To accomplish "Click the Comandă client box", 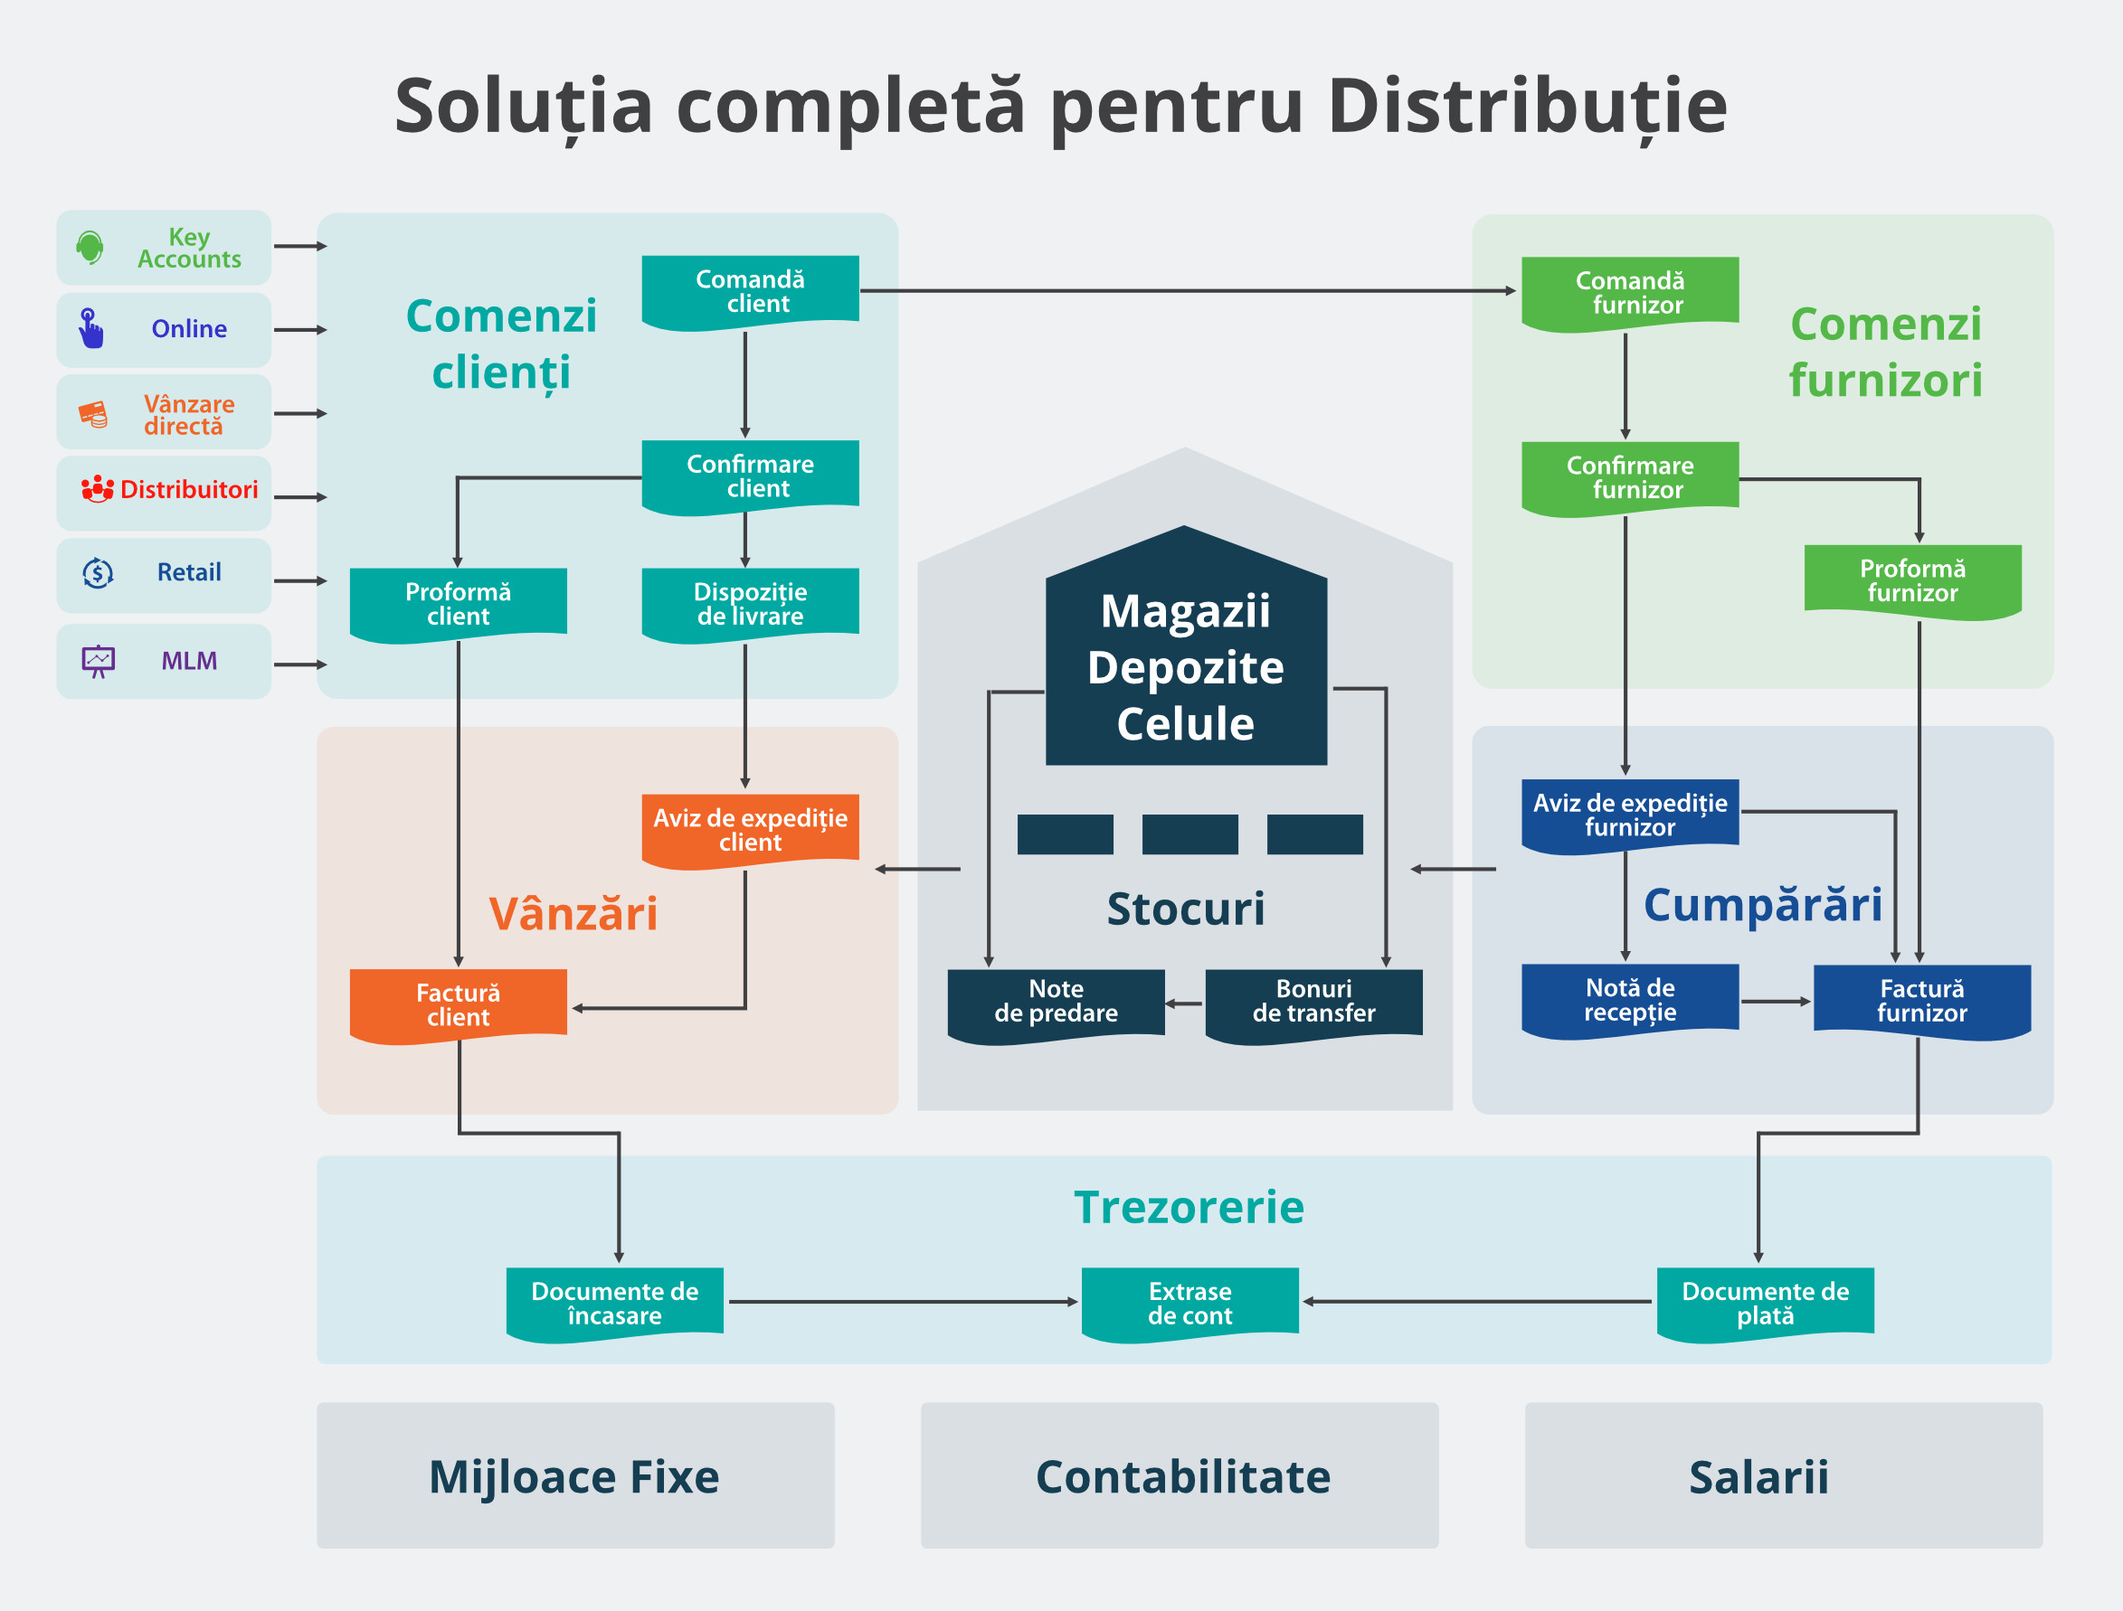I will (750, 292).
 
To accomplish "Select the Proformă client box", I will (458, 605).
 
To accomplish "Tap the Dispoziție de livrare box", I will (750, 605).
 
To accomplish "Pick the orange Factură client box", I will (458, 1004).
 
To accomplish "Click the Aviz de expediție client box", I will (750, 830).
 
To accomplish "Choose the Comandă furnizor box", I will (1630, 293).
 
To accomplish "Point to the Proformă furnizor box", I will (1912, 580).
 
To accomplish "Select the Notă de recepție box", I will (1630, 1000).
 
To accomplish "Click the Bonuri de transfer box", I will (1313, 1003).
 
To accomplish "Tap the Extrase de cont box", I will (1189, 1303).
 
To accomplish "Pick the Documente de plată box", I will (1764, 1303).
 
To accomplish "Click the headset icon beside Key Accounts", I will (90, 248).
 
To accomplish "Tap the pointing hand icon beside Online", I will (90, 329).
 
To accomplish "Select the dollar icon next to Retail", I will (98, 573).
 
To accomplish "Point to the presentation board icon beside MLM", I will (98, 661).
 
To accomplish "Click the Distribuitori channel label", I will (188, 489).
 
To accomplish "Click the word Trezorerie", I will (1189, 1207).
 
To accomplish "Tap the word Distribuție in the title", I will (1527, 106).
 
